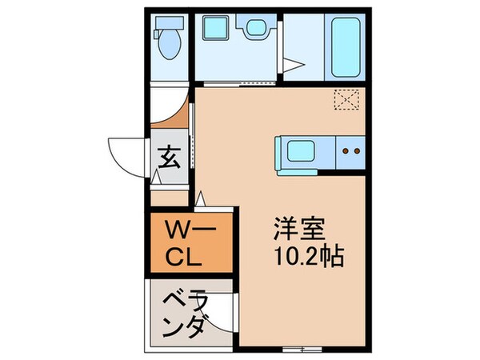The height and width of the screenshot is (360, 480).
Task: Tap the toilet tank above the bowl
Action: pyautogui.click(x=167, y=23)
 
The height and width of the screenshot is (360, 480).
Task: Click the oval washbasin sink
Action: pyautogui.click(x=256, y=30)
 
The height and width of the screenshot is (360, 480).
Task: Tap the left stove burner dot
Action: pyautogui.click(x=345, y=150)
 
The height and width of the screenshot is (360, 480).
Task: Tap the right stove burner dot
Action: pyautogui.click(x=356, y=150)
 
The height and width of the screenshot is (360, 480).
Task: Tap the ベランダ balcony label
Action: pyautogui.click(x=189, y=314)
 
